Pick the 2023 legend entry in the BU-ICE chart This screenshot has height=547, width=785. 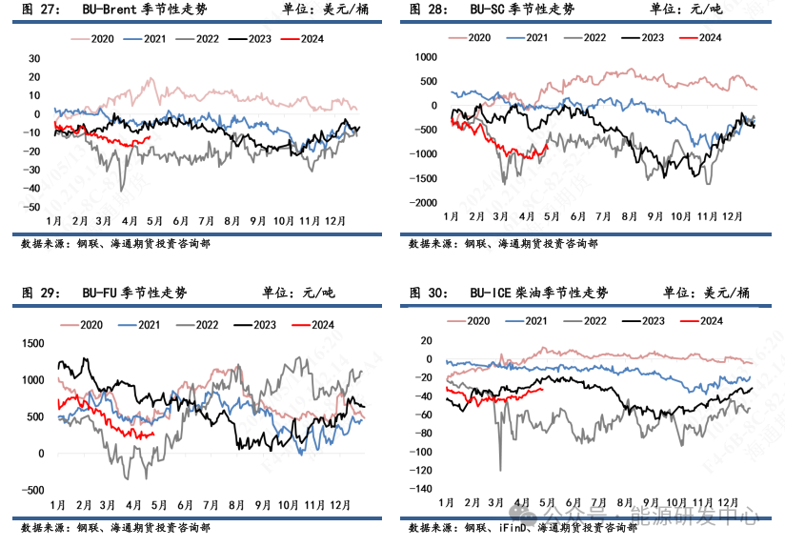pos(653,320)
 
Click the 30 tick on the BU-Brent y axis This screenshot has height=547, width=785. pos(34,58)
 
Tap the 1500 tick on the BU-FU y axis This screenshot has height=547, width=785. pos(31,343)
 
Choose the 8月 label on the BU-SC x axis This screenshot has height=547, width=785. pos(628,216)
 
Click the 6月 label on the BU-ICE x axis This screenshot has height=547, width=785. pos(574,501)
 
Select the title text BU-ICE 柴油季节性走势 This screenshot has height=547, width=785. pos(538,293)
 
